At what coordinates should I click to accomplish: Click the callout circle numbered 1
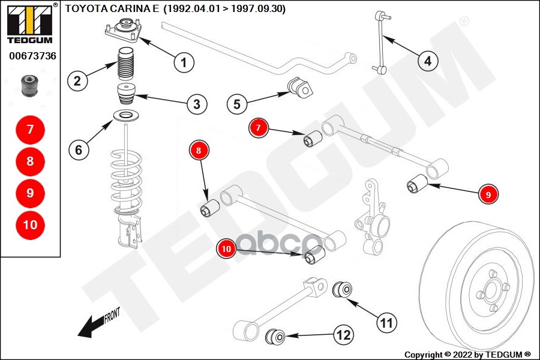point(184,62)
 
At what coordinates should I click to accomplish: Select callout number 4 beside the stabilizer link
point(428,61)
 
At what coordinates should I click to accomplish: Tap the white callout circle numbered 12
point(344,335)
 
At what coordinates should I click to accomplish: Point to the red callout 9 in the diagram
point(488,194)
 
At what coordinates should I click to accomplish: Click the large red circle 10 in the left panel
point(31,225)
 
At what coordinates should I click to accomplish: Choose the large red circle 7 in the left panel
point(31,130)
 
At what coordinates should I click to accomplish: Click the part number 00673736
point(33,56)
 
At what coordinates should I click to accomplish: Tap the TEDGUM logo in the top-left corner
point(30,23)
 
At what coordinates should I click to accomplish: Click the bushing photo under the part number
point(30,85)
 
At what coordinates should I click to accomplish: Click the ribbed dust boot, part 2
point(125,64)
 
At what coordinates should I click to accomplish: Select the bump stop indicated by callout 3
point(127,94)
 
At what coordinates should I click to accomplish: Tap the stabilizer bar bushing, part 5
point(301,88)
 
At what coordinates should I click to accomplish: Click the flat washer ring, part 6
point(126,116)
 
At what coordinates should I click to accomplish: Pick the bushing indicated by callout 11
point(343,289)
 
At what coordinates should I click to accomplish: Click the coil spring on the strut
point(126,182)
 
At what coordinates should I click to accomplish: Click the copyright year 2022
point(463,355)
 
